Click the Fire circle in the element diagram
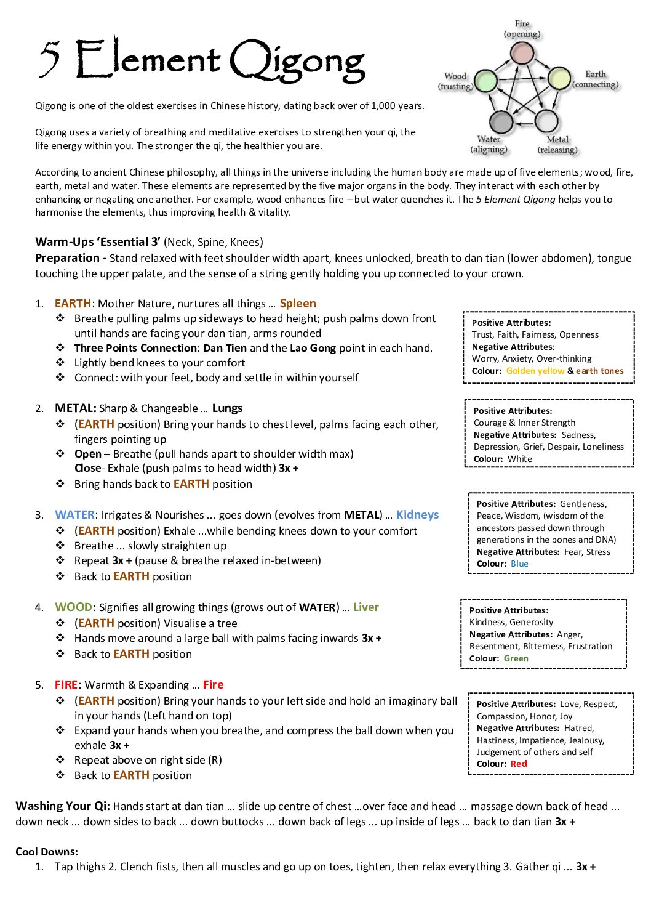(x=522, y=54)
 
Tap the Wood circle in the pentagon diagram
(x=486, y=81)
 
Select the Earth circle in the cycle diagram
(x=559, y=79)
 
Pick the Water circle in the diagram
(x=501, y=121)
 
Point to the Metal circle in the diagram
(x=546, y=121)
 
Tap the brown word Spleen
(x=298, y=304)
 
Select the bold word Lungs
(x=227, y=408)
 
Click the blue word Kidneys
(x=417, y=515)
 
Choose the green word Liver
(x=365, y=607)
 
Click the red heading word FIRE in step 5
(x=66, y=685)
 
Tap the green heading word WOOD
(x=73, y=607)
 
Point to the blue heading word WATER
(x=74, y=515)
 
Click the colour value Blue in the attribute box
(x=519, y=564)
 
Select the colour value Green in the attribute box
(x=516, y=658)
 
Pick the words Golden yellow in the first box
(x=535, y=371)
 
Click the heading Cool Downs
(x=47, y=852)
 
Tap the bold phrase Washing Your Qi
(x=63, y=806)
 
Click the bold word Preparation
(x=67, y=258)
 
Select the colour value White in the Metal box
(x=520, y=459)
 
